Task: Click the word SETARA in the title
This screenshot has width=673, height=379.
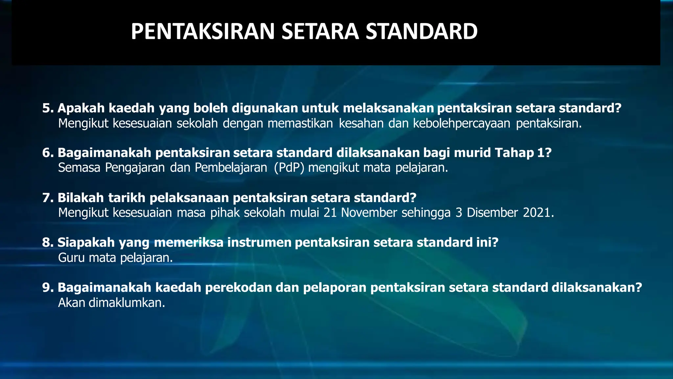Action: (320, 32)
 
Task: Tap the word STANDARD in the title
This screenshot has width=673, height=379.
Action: (422, 32)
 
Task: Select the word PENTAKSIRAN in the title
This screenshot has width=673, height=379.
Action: (202, 32)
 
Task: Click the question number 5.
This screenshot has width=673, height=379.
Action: (47, 108)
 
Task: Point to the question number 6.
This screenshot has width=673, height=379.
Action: (47, 153)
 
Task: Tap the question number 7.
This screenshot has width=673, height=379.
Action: (47, 198)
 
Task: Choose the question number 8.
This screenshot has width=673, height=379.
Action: (47, 242)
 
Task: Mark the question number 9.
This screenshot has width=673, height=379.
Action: (47, 288)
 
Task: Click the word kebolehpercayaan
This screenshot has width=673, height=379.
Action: (461, 123)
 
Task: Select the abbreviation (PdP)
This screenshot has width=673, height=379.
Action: (289, 168)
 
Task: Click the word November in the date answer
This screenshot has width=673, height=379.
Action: (369, 213)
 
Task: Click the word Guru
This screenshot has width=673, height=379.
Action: (71, 258)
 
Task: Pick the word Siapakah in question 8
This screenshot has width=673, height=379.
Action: (86, 242)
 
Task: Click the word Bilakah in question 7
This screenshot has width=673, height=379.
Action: (81, 198)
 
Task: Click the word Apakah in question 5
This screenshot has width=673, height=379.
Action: (81, 108)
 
